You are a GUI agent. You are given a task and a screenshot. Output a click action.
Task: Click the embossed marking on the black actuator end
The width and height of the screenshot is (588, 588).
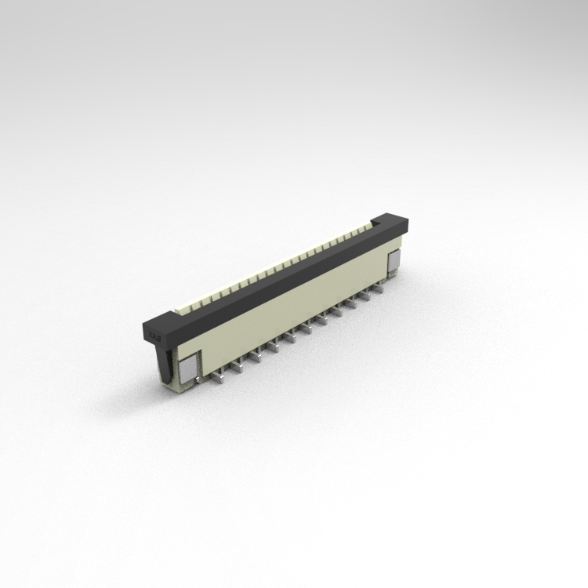(154, 337)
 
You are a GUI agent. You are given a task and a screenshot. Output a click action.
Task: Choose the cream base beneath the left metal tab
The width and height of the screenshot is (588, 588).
(187, 382)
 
